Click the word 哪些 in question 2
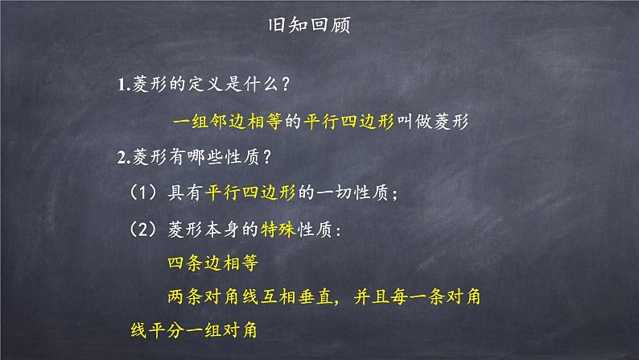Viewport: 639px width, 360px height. click(207, 158)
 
